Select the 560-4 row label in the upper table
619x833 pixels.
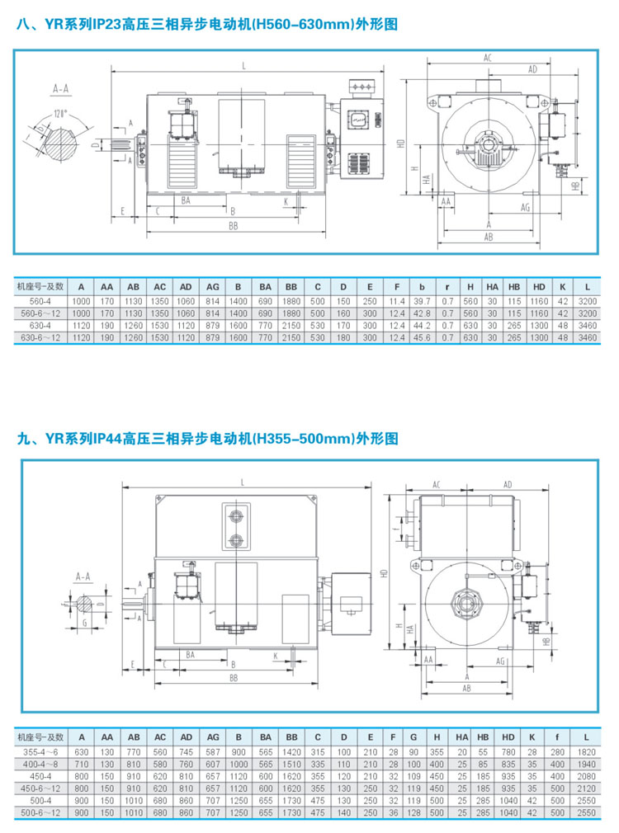point(34,301)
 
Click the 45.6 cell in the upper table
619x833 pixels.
point(422,339)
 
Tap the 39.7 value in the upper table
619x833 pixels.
point(422,301)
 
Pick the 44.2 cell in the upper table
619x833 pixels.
point(422,327)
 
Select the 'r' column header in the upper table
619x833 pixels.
point(447,286)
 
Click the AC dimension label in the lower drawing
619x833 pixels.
point(436,484)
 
